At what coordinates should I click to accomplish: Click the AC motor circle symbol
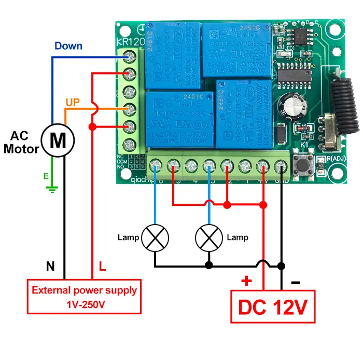(x=58, y=139)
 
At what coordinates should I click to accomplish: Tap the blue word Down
(x=68, y=46)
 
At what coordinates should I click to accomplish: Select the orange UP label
(x=73, y=103)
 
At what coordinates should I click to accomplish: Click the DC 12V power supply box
(x=273, y=307)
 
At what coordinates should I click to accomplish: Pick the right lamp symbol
(x=208, y=238)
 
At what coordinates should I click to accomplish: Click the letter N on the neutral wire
(x=50, y=267)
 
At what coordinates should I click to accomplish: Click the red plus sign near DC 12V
(x=246, y=282)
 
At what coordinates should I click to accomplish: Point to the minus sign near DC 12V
(x=295, y=283)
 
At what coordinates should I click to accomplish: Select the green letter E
(x=46, y=176)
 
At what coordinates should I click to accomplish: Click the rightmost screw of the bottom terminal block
(x=281, y=166)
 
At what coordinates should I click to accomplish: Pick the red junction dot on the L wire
(x=92, y=127)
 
